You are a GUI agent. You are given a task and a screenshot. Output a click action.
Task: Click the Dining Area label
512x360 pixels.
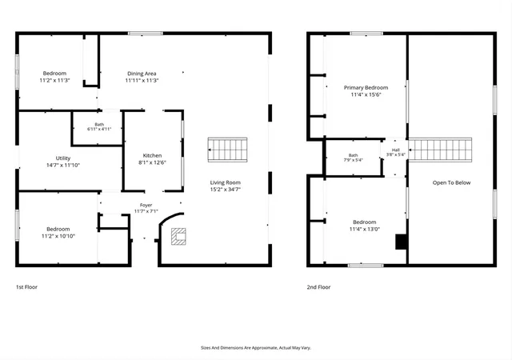[142, 74]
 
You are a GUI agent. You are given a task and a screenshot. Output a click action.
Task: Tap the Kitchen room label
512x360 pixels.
[152, 155]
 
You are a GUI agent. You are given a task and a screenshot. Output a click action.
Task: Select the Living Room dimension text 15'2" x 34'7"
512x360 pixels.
[226, 189]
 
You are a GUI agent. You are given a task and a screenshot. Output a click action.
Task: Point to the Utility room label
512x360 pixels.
[63, 158]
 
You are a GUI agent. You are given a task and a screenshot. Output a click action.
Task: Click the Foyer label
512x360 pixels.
[146, 205]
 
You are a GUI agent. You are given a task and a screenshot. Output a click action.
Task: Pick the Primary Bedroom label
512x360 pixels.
[366, 87]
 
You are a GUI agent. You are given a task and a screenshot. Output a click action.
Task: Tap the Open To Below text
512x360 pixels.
[451, 182]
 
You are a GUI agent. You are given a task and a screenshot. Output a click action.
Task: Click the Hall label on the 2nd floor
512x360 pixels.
[396, 150]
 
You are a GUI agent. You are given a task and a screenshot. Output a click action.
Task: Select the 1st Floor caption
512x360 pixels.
[26, 287]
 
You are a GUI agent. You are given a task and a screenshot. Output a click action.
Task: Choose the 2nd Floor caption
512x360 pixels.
[318, 287]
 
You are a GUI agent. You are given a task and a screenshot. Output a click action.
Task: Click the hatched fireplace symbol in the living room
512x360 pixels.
[178, 237]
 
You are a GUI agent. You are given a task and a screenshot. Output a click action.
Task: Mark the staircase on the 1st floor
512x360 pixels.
[227, 150]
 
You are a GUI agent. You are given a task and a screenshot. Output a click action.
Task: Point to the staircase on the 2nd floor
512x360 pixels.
[440, 150]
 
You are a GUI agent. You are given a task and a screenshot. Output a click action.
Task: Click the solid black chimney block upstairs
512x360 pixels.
[402, 242]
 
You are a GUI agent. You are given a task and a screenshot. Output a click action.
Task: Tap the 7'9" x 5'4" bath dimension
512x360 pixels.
[354, 160]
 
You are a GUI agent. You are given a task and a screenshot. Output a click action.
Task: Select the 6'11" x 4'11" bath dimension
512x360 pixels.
[99, 129]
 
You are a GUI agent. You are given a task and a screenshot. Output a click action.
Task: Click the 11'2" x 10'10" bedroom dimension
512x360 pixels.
[58, 236]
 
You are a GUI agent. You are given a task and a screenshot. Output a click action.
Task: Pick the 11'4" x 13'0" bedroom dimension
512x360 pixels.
[365, 229]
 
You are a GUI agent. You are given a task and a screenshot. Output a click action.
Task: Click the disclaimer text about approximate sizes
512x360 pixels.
[256, 348]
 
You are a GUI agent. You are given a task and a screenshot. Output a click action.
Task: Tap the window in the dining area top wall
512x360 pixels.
[146, 34]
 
